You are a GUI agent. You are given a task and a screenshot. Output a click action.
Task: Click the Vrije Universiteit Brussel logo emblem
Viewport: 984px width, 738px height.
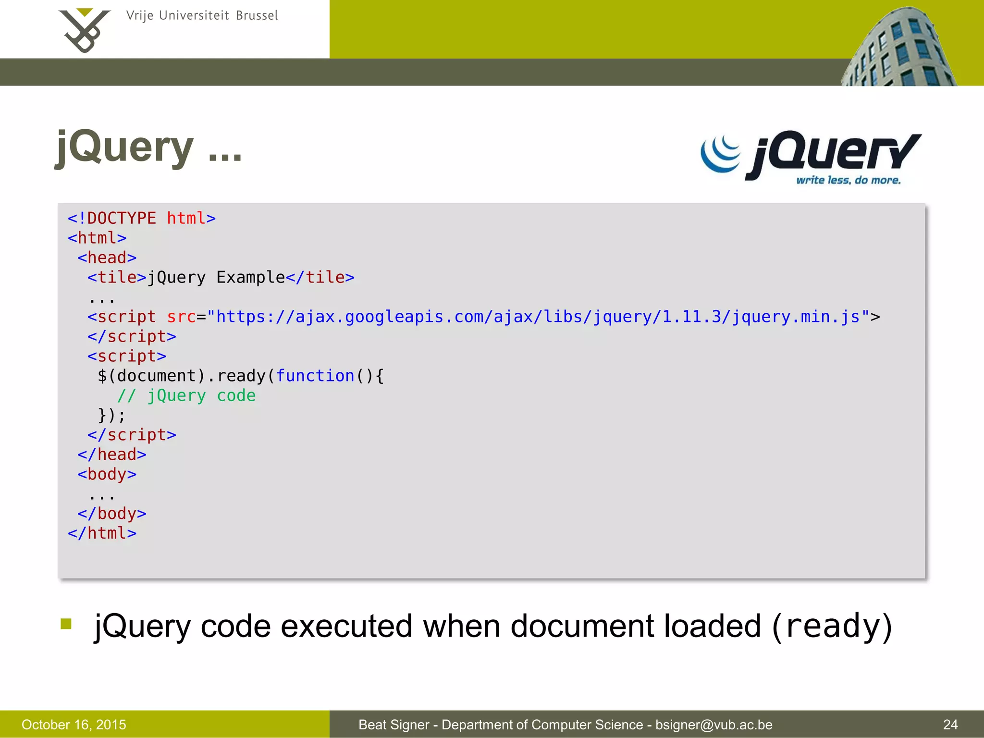tap(85, 30)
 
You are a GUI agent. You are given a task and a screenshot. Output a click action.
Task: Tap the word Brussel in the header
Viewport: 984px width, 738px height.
tap(257, 16)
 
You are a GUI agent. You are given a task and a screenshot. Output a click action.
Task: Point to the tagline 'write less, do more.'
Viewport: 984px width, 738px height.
tap(849, 181)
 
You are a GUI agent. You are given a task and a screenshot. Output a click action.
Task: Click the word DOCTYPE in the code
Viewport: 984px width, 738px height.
tap(122, 219)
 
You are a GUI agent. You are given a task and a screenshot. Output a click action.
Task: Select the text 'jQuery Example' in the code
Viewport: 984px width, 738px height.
tap(216, 278)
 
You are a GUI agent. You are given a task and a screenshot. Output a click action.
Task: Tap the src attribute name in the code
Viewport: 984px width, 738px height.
tap(181, 317)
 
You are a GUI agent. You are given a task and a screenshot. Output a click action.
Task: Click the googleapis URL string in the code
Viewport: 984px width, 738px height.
tap(538, 317)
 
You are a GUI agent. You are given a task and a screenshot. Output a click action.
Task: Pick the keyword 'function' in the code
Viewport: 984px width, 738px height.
tap(315, 376)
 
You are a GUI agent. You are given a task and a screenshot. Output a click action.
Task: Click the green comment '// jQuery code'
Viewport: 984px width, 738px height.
tap(186, 396)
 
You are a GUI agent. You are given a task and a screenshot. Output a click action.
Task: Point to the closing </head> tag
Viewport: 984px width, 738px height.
tap(112, 455)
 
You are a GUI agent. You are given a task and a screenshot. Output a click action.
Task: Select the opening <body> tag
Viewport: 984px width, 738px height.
tap(107, 474)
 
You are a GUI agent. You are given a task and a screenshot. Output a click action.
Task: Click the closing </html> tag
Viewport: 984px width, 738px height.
tap(102, 533)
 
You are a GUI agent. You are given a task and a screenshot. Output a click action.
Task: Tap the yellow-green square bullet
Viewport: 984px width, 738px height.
tap(66, 624)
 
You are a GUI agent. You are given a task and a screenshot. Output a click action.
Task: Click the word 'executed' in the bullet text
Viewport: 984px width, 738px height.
tap(346, 627)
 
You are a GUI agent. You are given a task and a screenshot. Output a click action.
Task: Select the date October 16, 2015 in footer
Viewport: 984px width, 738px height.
tap(74, 725)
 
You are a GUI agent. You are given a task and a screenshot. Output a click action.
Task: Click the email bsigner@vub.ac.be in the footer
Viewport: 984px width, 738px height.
tap(714, 725)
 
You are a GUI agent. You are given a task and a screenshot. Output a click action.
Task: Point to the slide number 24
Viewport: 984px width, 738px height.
tap(950, 725)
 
